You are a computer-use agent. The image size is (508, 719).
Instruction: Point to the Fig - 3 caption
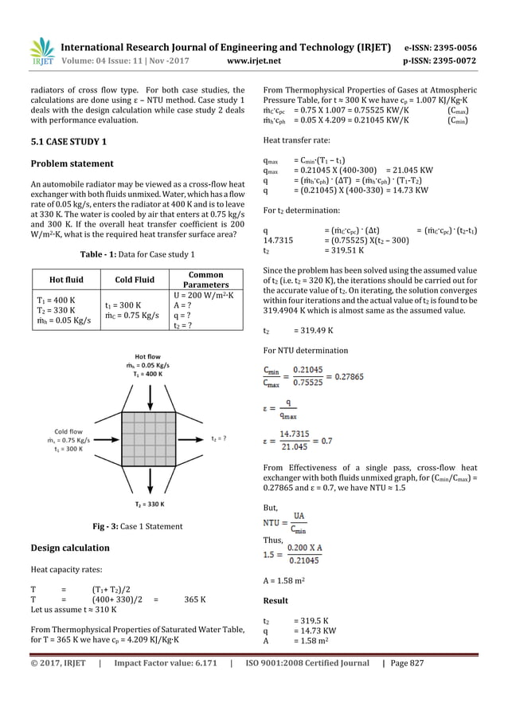[136, 526]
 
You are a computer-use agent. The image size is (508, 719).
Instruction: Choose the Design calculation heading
[69, 548]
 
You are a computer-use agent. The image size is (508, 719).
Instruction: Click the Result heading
[275, 600]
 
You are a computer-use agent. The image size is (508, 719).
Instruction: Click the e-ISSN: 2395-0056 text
[440, 47]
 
